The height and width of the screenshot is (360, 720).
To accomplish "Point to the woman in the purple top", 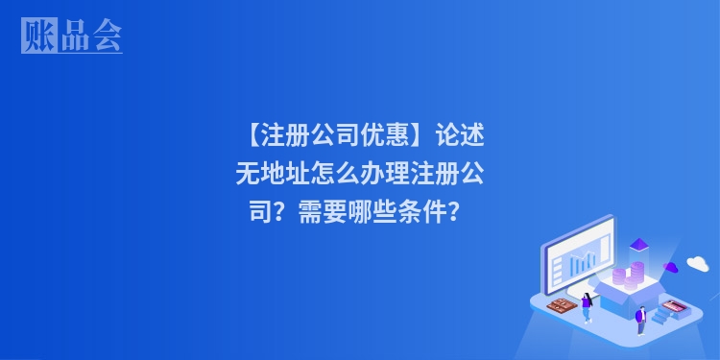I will tap(587, 306).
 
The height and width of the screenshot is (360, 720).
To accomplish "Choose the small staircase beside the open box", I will tap(662, 314).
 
